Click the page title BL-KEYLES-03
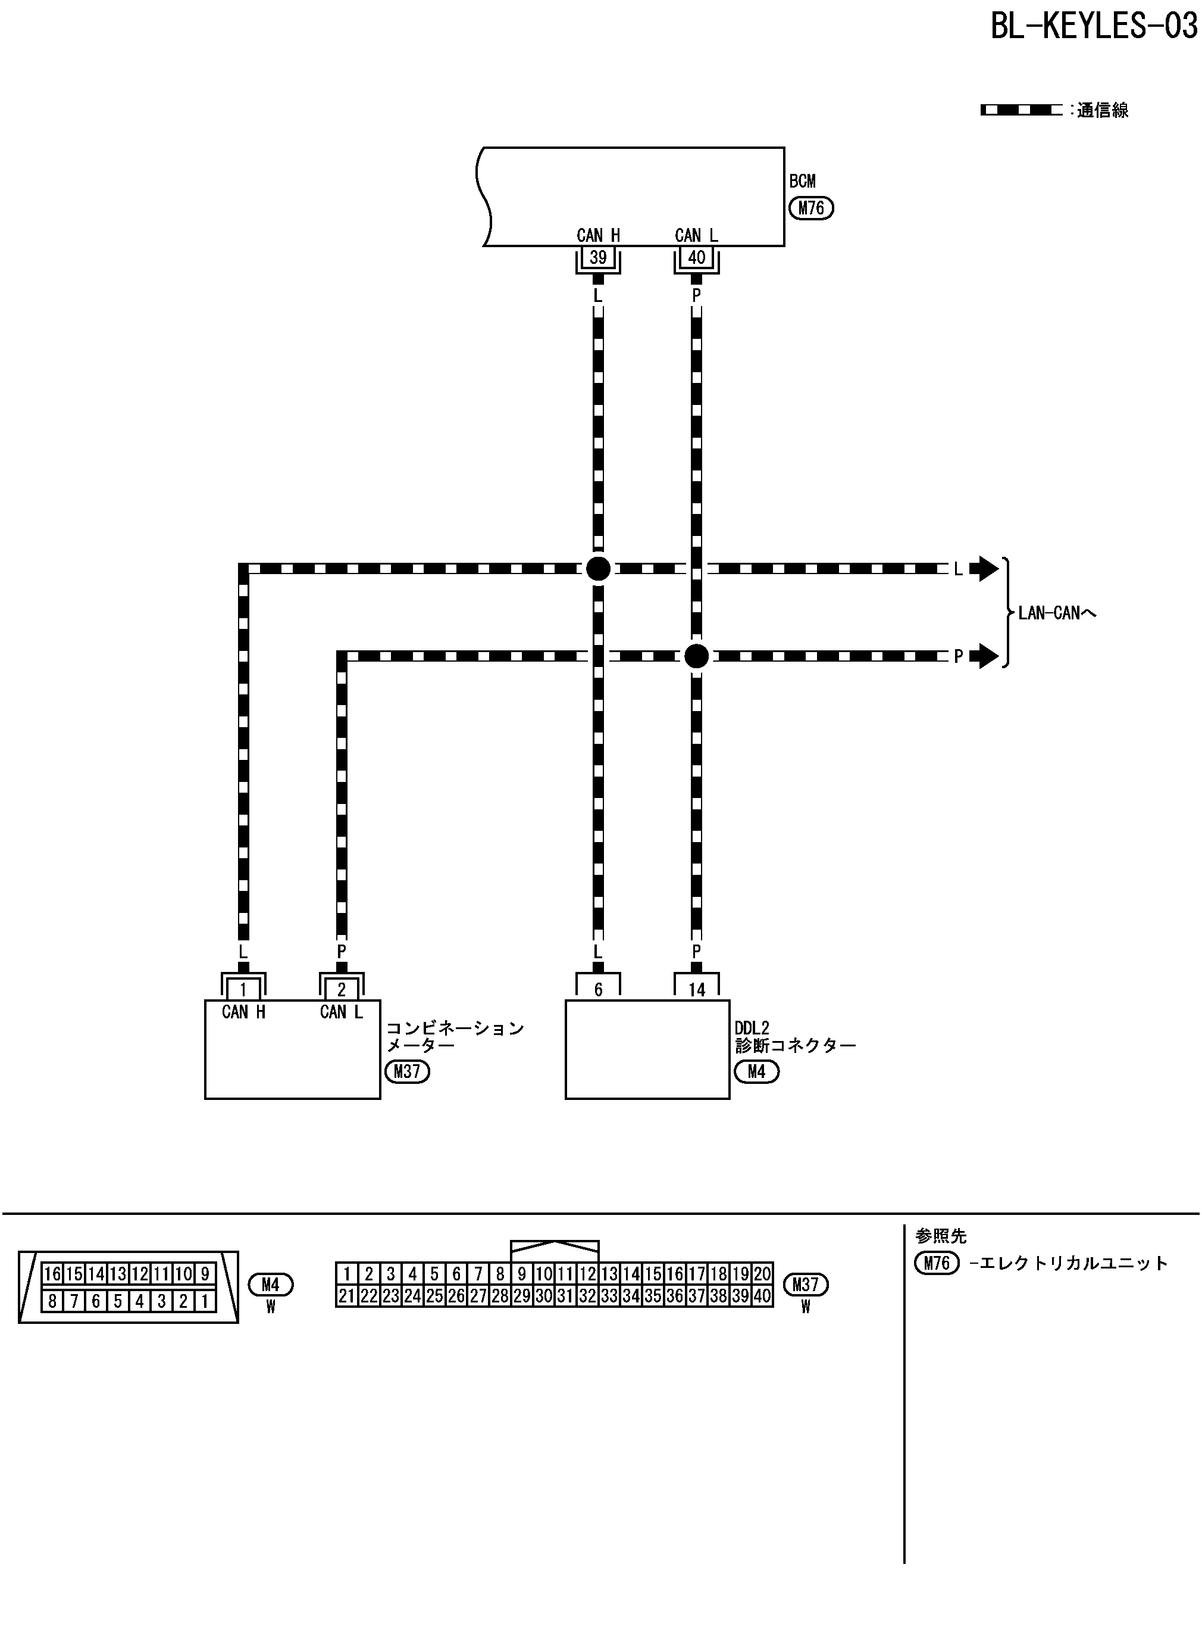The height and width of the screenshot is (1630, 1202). (x=1093, y=26)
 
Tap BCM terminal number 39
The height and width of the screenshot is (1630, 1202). (x=598, y=257)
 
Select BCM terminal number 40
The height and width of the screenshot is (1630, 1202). (x=696, y=257)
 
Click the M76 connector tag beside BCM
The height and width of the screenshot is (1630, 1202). (x=811, y=208)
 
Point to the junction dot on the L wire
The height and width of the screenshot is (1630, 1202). (x=598, y=569)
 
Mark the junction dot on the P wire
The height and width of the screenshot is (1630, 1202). (x=696, y=656)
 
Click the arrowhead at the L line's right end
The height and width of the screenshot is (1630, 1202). (x=987, y=569)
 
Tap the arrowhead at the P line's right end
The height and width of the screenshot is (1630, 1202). (x=987, y=656)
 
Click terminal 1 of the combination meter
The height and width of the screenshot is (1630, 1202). (x=243, y=989)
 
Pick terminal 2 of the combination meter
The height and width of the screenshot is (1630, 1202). (x=341, y=989)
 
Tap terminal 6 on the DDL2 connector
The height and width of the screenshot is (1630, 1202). (x=598, y=989)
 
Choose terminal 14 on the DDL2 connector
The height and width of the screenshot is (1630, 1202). (x=696, y=989)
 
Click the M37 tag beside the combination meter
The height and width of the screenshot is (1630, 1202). (x=408, y=1071)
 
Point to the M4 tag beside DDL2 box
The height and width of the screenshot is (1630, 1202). (x=756, y=1071)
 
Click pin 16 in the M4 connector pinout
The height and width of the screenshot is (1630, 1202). (x=52, y=1273)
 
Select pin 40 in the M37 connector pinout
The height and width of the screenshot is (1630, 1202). (x=762, y=1296)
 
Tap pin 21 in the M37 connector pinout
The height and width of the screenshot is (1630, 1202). (x=347, y=1296)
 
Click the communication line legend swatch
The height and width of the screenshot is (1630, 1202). (x=1021, y=111)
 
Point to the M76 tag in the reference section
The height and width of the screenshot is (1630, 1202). (x=937, y=1263)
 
